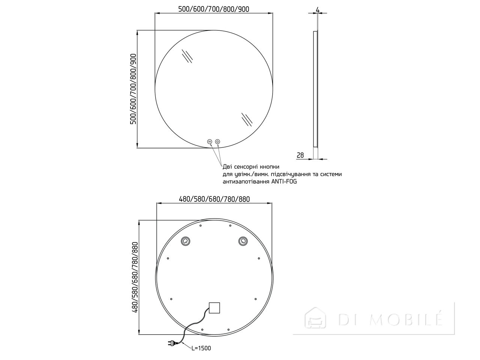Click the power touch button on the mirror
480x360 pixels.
[217, 142]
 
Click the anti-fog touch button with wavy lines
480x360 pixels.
[210, 142]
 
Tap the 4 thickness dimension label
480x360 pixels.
[318, 10]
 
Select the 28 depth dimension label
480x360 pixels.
[300, 155]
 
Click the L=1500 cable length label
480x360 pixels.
[201, 348]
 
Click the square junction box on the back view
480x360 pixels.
[214, 308]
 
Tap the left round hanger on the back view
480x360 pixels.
[186, 241]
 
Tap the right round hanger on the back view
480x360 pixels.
[243, 241]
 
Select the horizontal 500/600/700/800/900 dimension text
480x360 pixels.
[214, 9]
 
